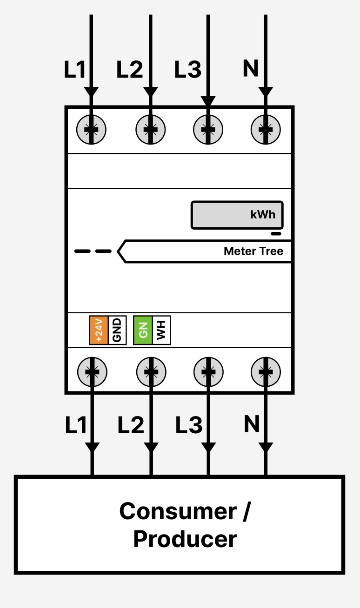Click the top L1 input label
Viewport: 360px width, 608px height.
pos(75,70)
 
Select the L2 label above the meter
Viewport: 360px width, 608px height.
pos(129,70)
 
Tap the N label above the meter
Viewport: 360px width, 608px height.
pos(251,69)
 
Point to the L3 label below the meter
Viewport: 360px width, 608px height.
pos(189,425)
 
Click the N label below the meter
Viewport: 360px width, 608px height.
pos(252,424)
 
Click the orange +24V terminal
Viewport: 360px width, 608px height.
pos(99,330)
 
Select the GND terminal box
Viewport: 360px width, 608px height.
pos(117,330)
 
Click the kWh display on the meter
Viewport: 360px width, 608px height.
pos(237,215)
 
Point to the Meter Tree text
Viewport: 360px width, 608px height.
pos(253,251)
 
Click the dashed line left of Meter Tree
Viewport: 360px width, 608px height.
pos(93,251)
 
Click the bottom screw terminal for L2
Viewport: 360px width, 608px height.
pos(151,371)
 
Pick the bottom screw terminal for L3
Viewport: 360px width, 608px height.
pos(208,371)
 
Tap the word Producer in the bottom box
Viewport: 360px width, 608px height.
pos(185,539)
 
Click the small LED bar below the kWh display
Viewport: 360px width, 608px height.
pos(276,234)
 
